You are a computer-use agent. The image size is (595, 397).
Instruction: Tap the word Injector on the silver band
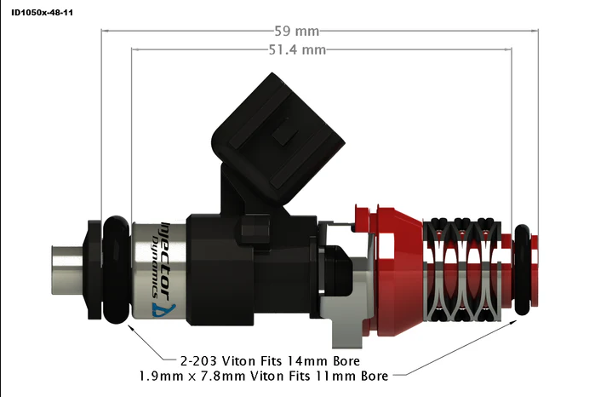(166, 250)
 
